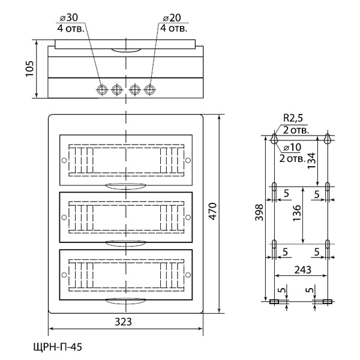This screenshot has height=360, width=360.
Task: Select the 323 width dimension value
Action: pos(124,322)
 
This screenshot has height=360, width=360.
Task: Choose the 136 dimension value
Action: pos(298,214)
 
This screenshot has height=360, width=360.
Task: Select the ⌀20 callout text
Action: pos(171,16)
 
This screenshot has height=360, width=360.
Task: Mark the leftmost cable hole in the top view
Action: pos(102,89)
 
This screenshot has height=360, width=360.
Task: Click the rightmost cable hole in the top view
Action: pos(148,89)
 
